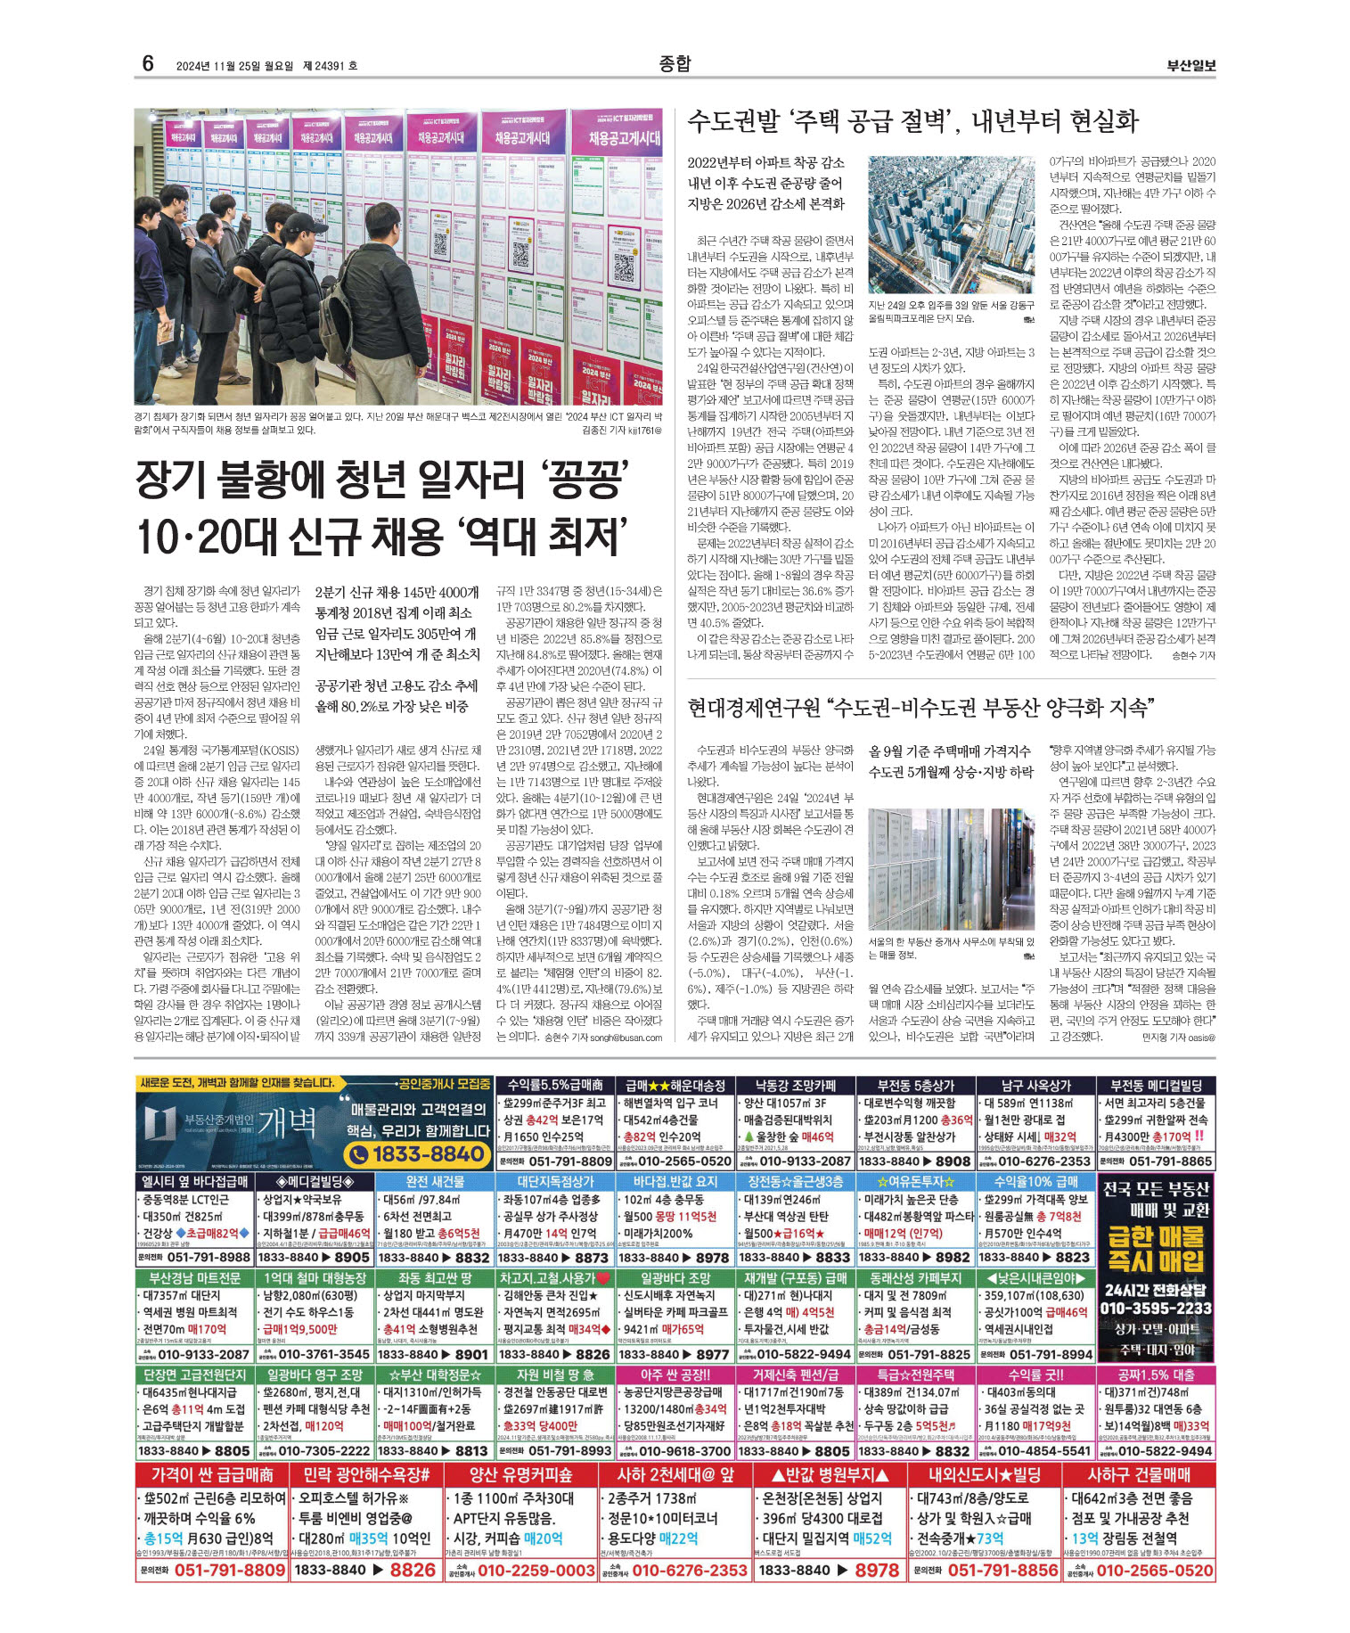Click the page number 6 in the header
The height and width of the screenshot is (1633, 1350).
(x=148, y=63)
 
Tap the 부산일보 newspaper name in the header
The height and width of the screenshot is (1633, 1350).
(x=1191, y=65)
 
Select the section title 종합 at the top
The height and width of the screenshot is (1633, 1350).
(x=675, y=63)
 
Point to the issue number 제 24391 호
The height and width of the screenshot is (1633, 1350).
(x=331, y=66)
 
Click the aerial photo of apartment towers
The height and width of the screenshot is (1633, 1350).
(x=951, y=226)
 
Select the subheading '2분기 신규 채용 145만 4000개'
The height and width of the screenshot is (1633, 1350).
(x=397, y=592)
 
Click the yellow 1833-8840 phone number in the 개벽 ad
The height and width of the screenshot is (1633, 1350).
(x=415, y=1154)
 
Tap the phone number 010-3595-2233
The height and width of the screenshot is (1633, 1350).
(x=1156, y=1308)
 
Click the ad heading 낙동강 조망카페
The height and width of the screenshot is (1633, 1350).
(x=793, y=1085)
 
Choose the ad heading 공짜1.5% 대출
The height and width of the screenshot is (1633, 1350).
(x=1156, y=1375)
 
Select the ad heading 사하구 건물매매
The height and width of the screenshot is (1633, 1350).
(x=1139, y=1474)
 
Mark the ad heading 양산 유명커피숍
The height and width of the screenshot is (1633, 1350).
(x=520, y=1474)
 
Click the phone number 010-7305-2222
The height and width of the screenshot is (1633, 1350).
(x=323, y=1451)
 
